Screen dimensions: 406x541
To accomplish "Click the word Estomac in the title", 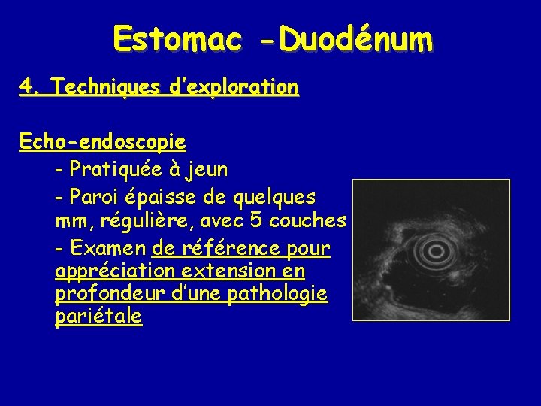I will coord(177,37).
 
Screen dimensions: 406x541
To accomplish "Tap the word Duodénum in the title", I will coord(355,37).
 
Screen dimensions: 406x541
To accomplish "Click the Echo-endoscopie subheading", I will coord(103,141).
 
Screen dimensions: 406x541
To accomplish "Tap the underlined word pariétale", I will coord(98,317).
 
